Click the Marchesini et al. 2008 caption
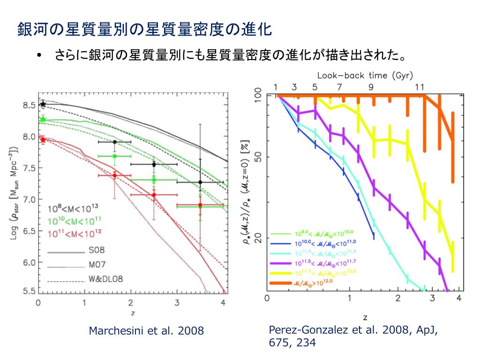pos(146,331)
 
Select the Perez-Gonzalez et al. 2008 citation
pos(353,336)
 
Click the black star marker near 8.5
pos(43,104)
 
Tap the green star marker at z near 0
pos(43,119)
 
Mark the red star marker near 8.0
pos(43,139)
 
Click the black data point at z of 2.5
pos(154,164)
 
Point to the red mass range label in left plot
pos(75,232)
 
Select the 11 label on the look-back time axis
pos(420,87)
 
